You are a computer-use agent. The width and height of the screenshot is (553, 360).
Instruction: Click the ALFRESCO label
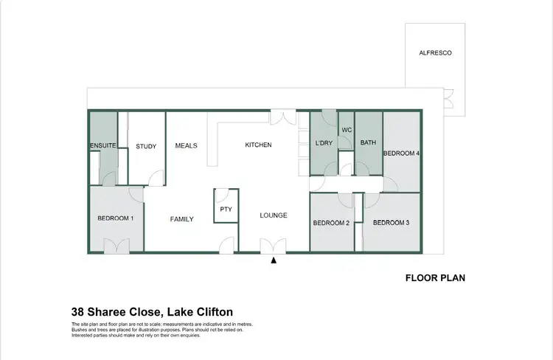pos(435,53)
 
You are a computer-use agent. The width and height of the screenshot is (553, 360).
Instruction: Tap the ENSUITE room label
pos(103,145)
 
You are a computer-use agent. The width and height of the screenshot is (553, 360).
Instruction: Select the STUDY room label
pos(146,146)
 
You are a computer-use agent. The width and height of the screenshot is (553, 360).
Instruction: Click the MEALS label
pos(186,145)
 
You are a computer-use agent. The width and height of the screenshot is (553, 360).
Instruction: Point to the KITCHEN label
pos(258,145)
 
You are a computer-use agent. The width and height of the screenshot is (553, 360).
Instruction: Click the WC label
pos(346,130)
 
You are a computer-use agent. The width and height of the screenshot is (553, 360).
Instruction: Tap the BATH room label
pos(368,142)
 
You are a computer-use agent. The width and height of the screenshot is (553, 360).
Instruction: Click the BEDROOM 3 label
pos(391,223)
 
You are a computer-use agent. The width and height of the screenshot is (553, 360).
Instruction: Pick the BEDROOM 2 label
pos(331,223)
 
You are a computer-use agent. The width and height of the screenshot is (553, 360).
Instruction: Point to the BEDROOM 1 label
pos(116,218)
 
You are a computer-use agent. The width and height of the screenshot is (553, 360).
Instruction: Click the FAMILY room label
pos(181,219)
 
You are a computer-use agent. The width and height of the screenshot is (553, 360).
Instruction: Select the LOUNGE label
pos(274,215)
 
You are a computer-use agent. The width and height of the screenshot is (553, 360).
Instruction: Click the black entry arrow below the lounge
pos(274,260)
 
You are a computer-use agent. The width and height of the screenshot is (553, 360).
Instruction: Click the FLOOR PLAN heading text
pos(435,279)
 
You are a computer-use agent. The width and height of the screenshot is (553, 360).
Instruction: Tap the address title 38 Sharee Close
pos(152,312)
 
